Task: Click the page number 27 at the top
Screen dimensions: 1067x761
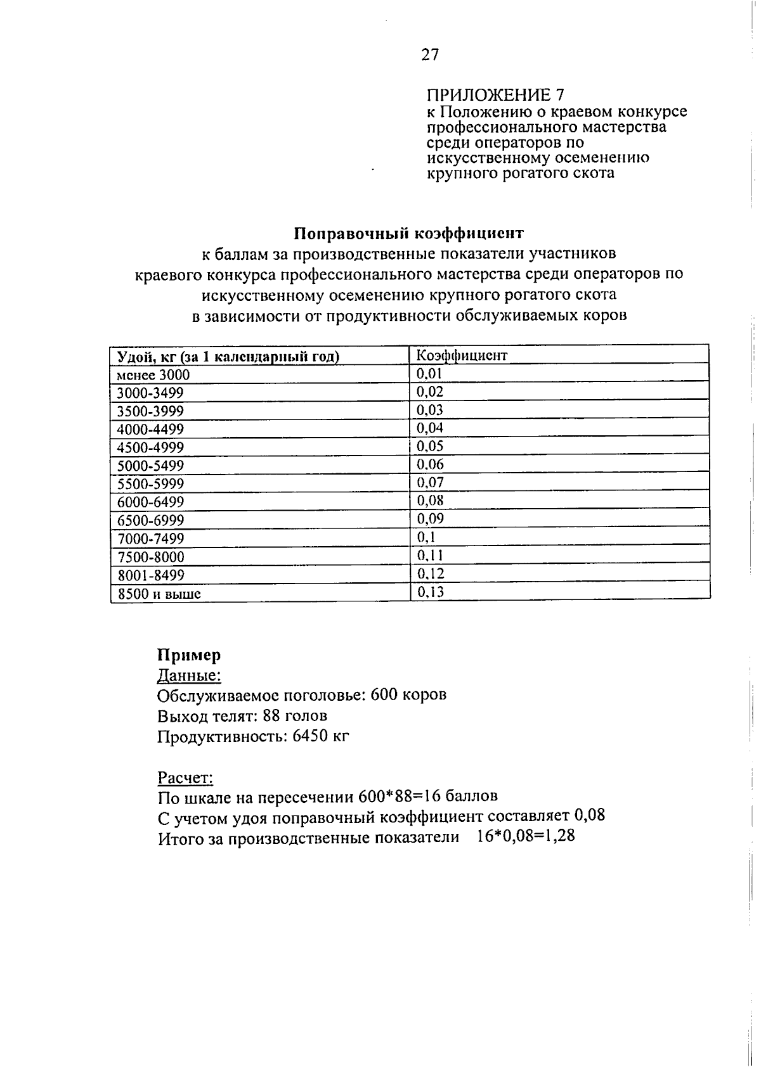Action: pyautogui.click(x=429, y=55)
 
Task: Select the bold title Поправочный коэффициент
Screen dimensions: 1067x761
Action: pyautogui.click(x=409, y=233)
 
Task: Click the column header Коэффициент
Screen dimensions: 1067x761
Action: pyautogui.click(x=462, y=355)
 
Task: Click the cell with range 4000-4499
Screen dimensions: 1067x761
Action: pyautogui.click(x=150, y=430)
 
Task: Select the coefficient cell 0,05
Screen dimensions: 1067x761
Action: pyautogui.click(x=429, y=446)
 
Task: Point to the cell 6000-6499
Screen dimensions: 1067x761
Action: pyautogui.click(x=150, y=502)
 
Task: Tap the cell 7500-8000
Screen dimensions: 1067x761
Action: pyautogui.click(x=150, y=558)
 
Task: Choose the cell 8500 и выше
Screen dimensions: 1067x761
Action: pyautogui.click(x=159, y=594)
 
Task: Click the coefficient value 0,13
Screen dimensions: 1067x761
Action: pyautogui.click(x=429, y=592)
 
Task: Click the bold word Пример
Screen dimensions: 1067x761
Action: pyautogui.click(x=189, y=655)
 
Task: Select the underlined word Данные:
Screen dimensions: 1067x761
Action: pyautogui.click(x=189, y=676)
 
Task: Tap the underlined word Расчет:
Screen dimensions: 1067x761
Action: pyautogui.click(x=185, y=777)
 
